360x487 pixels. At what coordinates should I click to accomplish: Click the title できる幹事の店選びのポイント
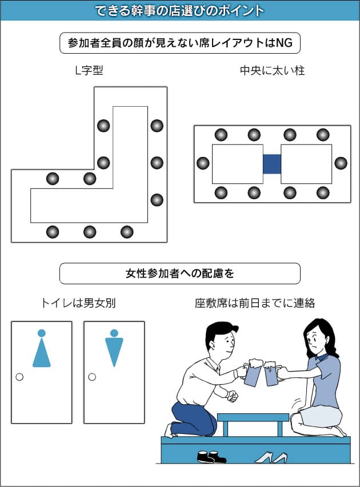pos(179,10)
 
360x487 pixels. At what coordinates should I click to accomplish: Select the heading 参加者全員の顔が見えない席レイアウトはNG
pos(180,43)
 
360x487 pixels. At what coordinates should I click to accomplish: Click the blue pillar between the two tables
pos(272,164)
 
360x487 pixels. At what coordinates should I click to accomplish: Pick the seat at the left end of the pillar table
pos(203,163)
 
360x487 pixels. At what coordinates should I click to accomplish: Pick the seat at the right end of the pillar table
pos(341,163)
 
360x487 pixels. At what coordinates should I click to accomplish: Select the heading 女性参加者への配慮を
pos(180,273)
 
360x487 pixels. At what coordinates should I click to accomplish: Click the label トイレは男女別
pos(78,303)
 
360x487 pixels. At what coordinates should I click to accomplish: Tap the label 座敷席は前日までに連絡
pos(255,303)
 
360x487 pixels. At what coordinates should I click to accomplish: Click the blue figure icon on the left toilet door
pos(41,349)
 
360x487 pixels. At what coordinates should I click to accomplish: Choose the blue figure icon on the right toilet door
pos(114,349)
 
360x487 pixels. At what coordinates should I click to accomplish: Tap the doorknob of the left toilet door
pos(19,377)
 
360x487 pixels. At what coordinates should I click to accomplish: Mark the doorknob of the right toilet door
pos(91,377)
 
